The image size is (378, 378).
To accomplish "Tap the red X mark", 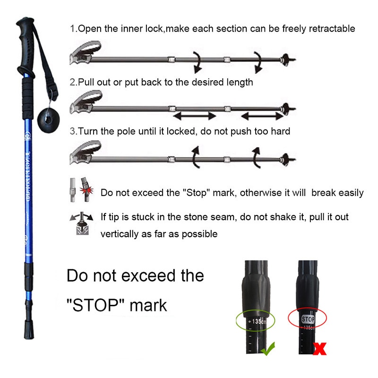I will (320, 349).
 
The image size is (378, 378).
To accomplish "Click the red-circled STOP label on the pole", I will (308, 319).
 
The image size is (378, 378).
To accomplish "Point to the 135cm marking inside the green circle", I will (258, 322).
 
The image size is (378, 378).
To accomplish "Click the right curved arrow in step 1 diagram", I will (258, 61).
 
